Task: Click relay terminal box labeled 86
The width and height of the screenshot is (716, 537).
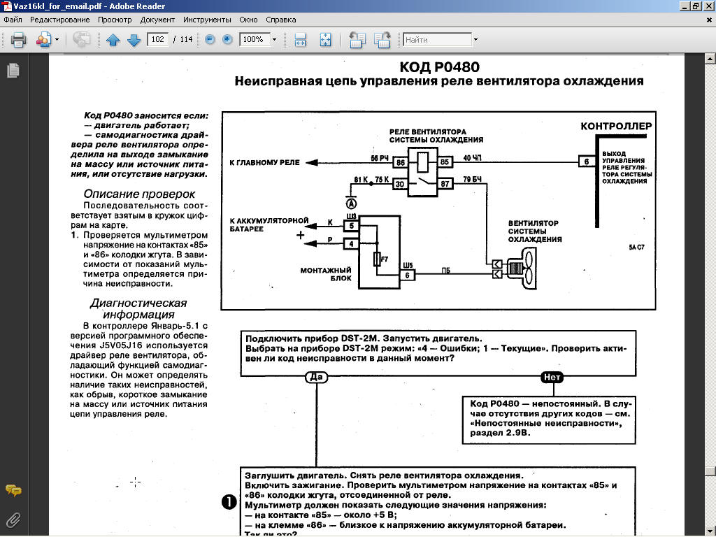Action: coord(400,163)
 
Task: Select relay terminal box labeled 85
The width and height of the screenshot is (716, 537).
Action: coord(443,163)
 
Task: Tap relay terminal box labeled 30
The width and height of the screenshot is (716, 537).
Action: coord(400,185)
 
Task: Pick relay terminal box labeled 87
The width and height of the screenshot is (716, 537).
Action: coord(443,185)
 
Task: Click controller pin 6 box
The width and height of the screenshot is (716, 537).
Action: coord(586,162)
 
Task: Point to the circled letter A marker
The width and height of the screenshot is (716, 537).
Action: coord(352,203)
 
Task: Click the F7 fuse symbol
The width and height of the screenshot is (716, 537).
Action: coord(378,259)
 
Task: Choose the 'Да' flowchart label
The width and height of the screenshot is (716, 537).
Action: coord(317,377)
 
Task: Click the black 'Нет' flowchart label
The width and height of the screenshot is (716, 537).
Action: coord(552,377)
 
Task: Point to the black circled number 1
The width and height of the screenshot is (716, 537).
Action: coord(229,502)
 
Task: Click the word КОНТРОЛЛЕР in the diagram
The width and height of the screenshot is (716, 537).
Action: coord(616,127)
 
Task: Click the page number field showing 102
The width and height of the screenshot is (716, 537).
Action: coord(157,39)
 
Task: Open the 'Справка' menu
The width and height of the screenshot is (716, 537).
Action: coord(281,20)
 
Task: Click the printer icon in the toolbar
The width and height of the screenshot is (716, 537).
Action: coord(18,40)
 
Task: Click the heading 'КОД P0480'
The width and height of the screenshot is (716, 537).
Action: coord(439,67)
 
